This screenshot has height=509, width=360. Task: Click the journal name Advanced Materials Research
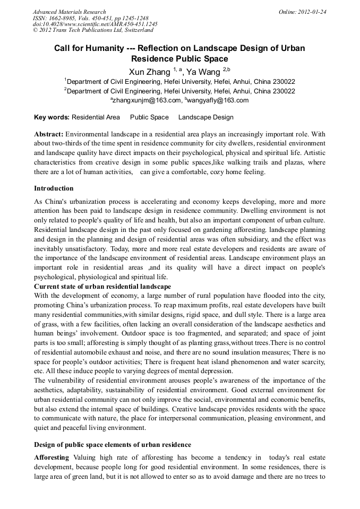click(69, 12)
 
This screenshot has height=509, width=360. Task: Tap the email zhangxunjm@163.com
click(147, 100)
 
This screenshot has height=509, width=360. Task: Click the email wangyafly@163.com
click(218, 100)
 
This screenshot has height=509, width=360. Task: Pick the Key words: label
click(52, 117)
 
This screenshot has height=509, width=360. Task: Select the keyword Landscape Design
click(205, 117)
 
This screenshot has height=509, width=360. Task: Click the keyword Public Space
click(149, 117)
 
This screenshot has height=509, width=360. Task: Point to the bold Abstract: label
click(49, 134)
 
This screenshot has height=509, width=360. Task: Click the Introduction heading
click(54, 188)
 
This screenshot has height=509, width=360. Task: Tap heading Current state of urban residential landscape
click(102, 287)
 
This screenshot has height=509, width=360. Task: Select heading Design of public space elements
click(113, 444)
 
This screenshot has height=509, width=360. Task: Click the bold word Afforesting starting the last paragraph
click(52, 458)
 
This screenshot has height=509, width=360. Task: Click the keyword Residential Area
click(96, 117)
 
